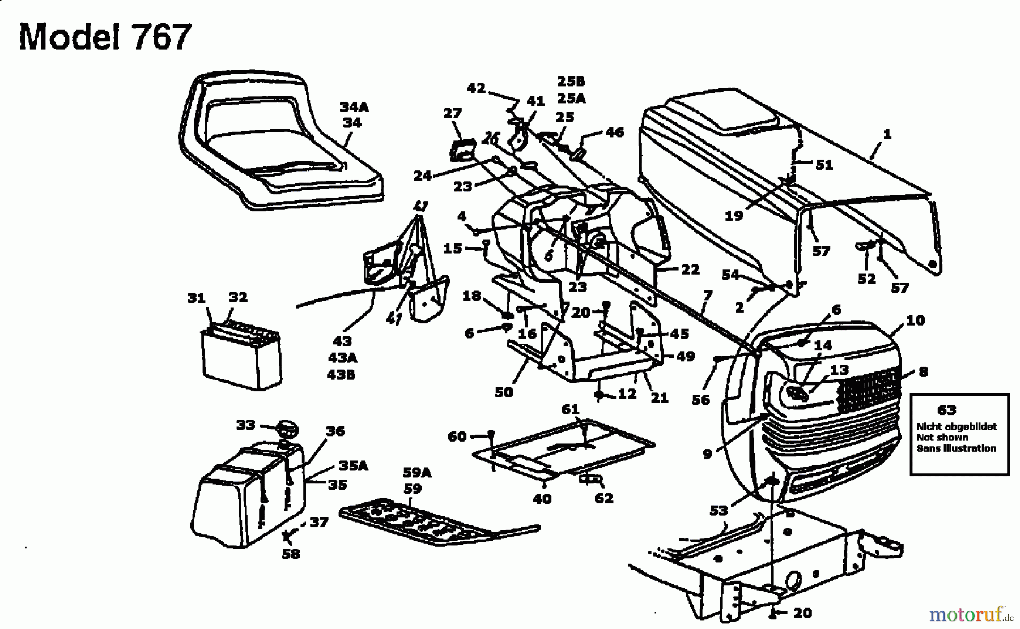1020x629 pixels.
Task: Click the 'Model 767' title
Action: pos(105,37)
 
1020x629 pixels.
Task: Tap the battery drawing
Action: pos(241,354)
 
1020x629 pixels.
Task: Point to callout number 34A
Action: pos(354,106)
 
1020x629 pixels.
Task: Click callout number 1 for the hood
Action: pos(887,134)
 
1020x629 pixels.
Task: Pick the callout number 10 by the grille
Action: pos(915,320)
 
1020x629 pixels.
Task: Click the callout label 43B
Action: pos(341,374)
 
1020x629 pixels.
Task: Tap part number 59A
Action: pos(417,472)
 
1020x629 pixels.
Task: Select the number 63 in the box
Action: pos(947,409)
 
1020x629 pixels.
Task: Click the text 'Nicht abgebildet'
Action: pos(957,426)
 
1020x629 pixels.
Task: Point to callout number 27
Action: pos(453,114)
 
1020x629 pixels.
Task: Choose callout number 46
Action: pos(615,132)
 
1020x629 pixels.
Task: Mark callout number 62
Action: pos(604,498)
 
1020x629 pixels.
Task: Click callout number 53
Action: pos(719,511)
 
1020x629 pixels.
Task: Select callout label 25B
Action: pos(571,81)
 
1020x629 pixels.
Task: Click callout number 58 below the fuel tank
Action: pos(291,553)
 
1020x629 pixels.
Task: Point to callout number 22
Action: pos(690,269)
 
